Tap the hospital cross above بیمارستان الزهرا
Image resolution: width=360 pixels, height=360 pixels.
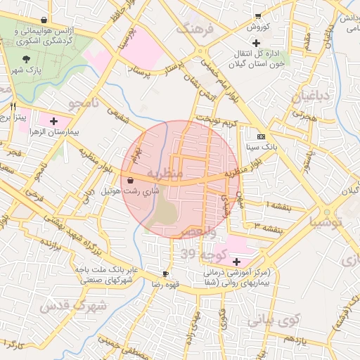[54, 121]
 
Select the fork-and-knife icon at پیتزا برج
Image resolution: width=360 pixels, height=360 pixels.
[13, 106]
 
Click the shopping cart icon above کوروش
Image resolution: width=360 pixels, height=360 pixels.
[258, 15]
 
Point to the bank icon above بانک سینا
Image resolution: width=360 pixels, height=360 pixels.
[262, 136]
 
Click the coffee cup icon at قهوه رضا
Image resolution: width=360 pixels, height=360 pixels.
[165, 274]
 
